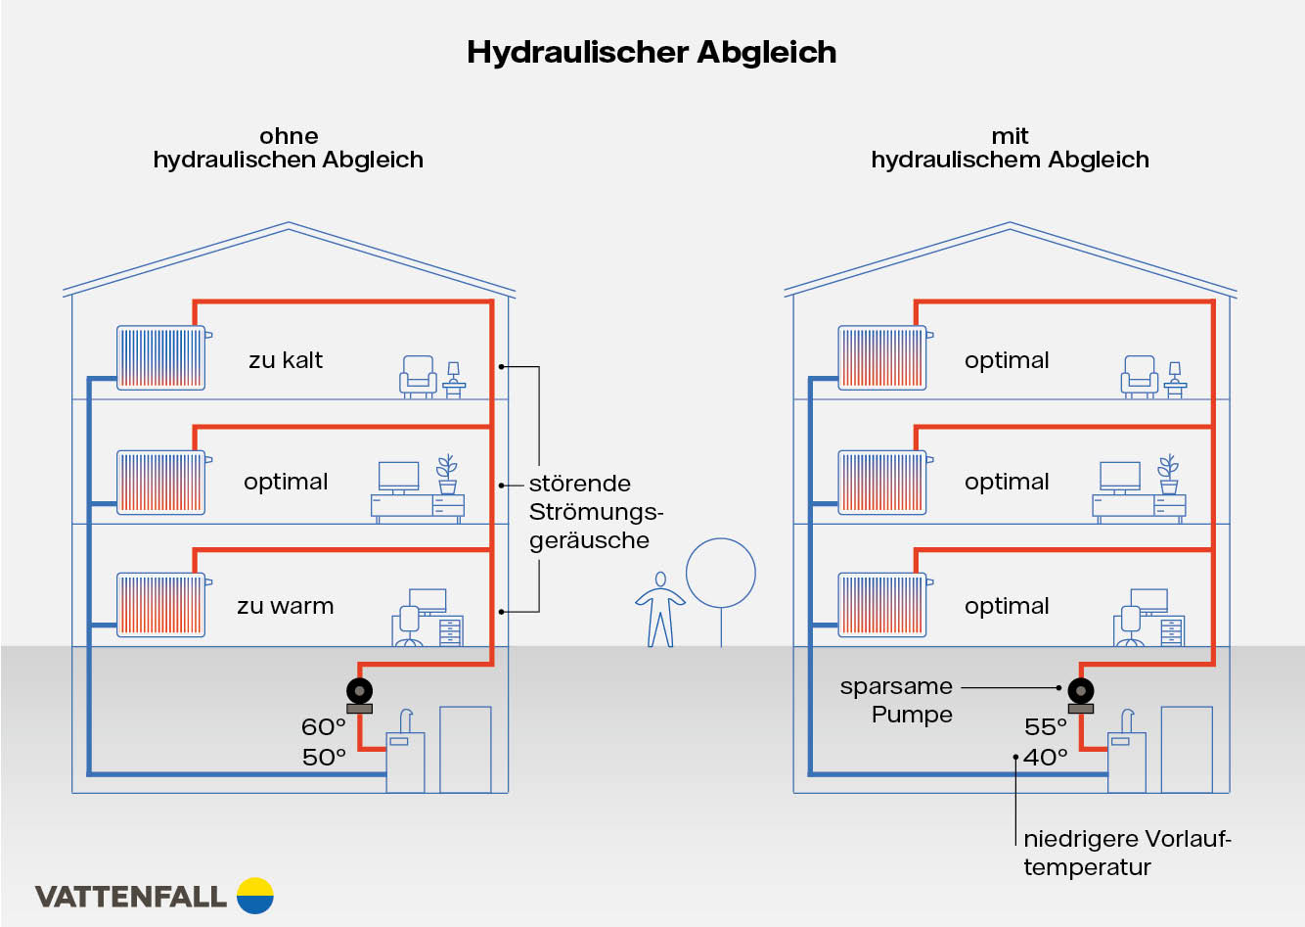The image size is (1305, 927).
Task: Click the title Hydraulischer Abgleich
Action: pos(652,52)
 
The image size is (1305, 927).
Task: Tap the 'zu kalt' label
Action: pos(286,360)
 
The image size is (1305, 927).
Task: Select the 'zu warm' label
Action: pos(285,606)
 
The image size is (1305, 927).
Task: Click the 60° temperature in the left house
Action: pos(324,727)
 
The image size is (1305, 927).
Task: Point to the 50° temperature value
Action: pos(324,757)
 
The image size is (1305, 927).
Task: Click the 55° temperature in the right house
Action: pos(1046,727)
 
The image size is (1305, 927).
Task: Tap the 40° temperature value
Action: pos(1046,757)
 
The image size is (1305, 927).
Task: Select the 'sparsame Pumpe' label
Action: pos(896,700)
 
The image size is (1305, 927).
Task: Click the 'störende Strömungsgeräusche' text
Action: pos(595,512)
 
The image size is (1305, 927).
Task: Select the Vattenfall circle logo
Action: pos(255,896)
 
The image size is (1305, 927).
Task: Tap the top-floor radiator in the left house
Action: pos(161,357)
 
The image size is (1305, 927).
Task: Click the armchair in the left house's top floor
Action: pos(418,376)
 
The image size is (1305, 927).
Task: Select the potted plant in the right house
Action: pos(1168,475)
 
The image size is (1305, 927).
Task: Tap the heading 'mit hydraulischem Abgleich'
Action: pos(1010,148)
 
